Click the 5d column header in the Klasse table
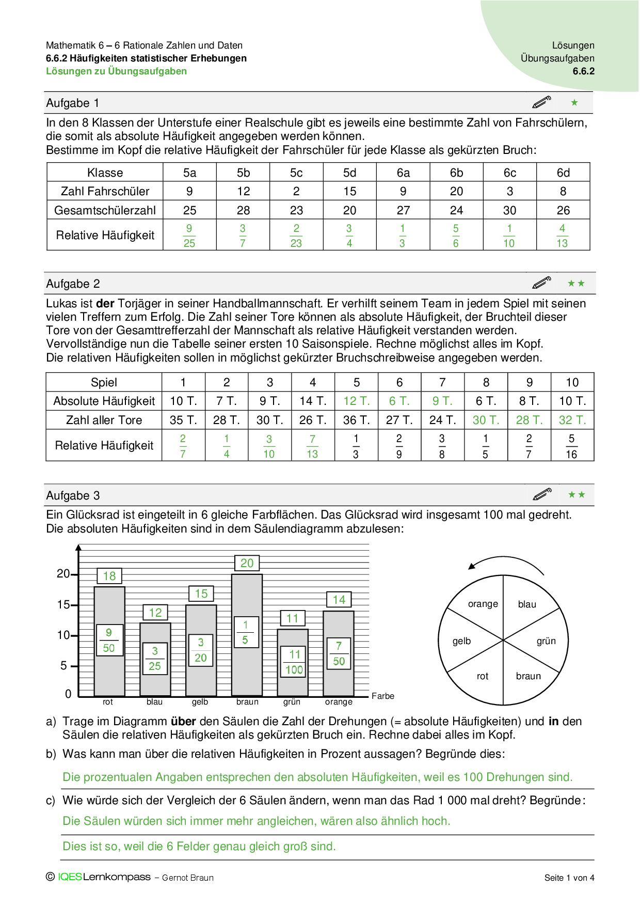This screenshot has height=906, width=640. [x=349, y=173]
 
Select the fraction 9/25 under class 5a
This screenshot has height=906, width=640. [x=189, y=236]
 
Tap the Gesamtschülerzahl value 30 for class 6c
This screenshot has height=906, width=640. [x=509, y=210]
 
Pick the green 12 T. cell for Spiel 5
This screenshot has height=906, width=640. [x=356, y=401]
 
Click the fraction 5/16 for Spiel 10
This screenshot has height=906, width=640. [x=571, y=446]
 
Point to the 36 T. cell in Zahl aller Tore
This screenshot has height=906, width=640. [x=356, y=420]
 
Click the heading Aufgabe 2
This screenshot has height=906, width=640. [x=73, y=284]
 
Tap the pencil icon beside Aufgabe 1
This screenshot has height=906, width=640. [x=541, y=102]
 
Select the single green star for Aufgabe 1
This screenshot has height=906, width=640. [x=574, y=102]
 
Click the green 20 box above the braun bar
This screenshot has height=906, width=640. [x=247, y=563]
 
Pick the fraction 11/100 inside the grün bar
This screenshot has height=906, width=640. [x=294, y=662]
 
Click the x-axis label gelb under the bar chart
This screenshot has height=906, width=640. [x=200, y=701]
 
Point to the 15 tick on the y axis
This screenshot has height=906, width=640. [x=63, y=604]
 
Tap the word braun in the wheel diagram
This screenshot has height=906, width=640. [x=528, y=676]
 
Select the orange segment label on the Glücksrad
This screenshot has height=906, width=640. [x=483, y=604]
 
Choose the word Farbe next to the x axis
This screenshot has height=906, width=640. [x=382, y=696]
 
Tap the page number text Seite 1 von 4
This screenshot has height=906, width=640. [x=569, y=878]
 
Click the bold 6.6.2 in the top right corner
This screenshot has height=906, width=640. [x=583, y=71]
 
